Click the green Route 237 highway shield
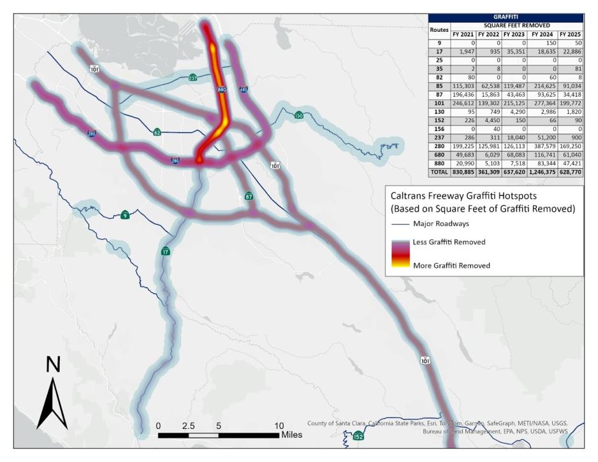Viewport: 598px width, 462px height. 193,78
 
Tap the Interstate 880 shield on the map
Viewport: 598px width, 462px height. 221,90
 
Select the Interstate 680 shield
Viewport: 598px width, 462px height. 244,90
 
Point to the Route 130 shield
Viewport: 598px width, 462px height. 299,115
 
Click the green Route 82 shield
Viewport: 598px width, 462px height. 157,132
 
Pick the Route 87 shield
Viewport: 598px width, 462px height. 249,197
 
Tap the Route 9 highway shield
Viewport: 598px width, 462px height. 125,215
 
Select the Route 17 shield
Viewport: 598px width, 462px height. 166,251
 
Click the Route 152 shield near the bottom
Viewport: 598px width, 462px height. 358,436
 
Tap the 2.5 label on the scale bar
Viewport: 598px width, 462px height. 189,425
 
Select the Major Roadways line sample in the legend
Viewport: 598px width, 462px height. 402,224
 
